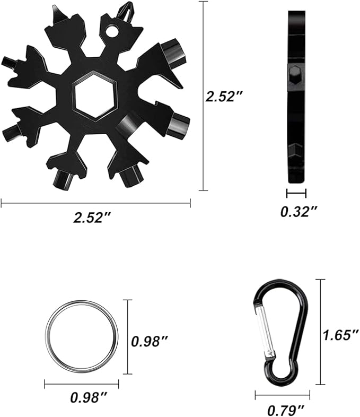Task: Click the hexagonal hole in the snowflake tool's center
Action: tap(95, 95)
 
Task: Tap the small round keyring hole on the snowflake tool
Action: tap(112, 31)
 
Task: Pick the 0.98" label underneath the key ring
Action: tap(89, 396)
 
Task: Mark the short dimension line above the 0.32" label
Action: tap(296, 193)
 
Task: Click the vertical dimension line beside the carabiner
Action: tap(320, 332)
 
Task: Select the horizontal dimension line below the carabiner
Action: tap(282, 395)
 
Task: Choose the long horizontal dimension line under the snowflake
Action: tap(95, 202)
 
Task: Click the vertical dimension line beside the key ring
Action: tap(127, 336)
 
